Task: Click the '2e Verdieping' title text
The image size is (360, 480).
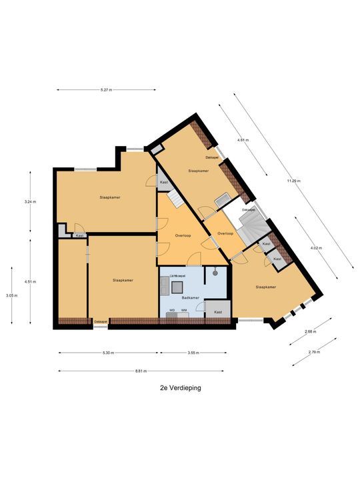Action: click(180, 387)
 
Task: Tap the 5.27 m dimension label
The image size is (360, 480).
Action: click(105, 90)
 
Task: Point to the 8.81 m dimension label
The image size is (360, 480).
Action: click(141, 371)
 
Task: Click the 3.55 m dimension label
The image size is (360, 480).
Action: click(193, 353)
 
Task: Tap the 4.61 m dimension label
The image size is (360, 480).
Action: click(243, 140)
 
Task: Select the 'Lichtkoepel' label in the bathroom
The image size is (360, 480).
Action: click(177, 275)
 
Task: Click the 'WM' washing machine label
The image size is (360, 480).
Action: click(183, 310)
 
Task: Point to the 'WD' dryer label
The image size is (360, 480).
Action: click(172, 310)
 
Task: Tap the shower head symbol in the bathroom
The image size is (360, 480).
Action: click(215, 271)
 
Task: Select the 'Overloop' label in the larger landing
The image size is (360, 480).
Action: click(184, 235)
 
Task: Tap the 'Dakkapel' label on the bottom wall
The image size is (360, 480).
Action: click(101, 321)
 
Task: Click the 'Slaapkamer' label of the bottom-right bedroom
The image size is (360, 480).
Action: click(266, 287)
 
